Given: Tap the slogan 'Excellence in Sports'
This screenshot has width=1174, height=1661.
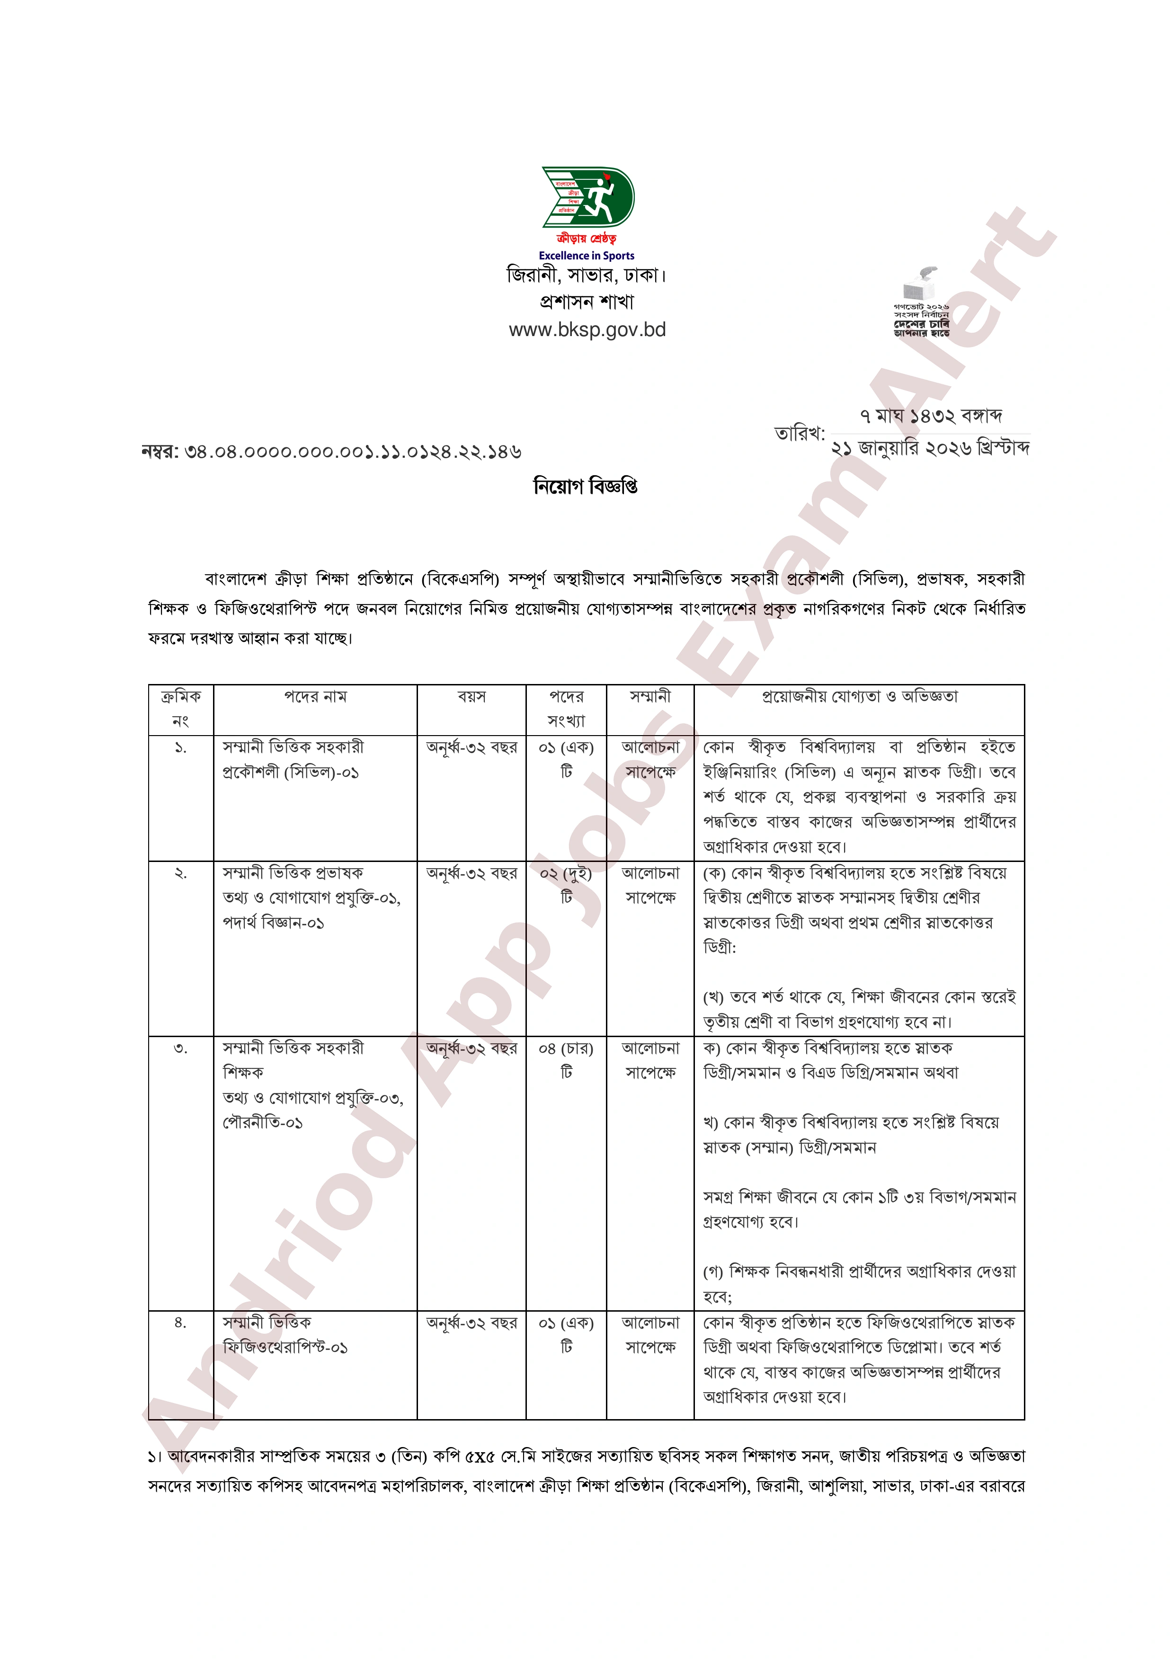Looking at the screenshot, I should click(x=586, y=255).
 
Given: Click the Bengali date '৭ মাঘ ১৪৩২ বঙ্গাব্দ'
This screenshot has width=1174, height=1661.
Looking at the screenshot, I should click(x=930, y=416).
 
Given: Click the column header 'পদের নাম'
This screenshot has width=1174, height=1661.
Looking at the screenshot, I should click(x=315, y=697).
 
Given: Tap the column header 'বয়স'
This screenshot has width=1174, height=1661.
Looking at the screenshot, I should click(x=471, y=697).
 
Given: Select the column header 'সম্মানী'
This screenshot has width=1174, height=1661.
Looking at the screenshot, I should click(x=649, y=697).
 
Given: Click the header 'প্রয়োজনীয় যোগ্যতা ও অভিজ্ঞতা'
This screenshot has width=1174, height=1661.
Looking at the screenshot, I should click(x=859, y=697).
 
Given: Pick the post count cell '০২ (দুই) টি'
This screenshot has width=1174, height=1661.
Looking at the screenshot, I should click(x=566, y=885).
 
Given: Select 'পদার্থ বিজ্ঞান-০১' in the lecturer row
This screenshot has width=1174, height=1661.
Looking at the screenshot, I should click(x=274, y=923).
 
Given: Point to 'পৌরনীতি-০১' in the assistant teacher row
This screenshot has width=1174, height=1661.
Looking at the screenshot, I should click(x=263, y=1123).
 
